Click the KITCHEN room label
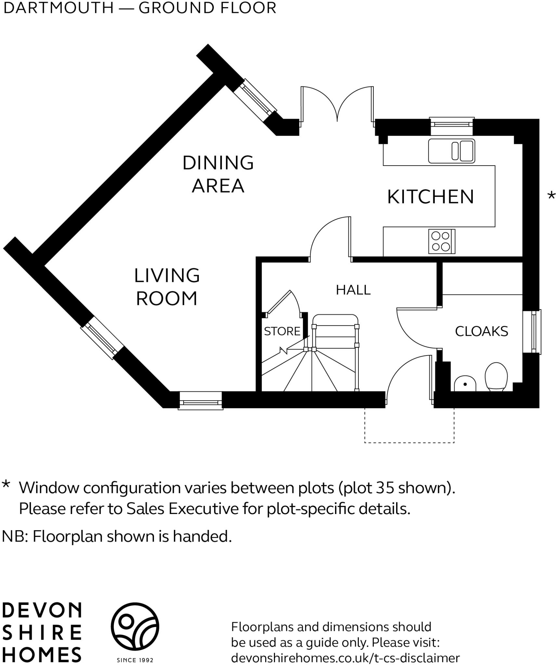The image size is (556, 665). [x=430, y=197]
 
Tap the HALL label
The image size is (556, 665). [x=353, y=290]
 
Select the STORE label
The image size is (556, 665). [x=282, y=331]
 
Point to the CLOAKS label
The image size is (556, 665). [x=482, y=331]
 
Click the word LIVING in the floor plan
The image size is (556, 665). [x=167, y=275]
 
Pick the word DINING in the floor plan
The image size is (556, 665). [x=218, y=163]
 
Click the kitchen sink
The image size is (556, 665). [x=452, y=151]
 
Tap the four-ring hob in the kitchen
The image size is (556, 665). [x=442, y=241]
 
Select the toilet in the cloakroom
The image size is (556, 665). [x=496, y=376]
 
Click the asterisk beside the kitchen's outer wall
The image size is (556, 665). [x=551, y=196]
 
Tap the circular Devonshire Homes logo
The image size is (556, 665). [x=135, y=627]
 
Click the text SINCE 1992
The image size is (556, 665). [x=135, y=660]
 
